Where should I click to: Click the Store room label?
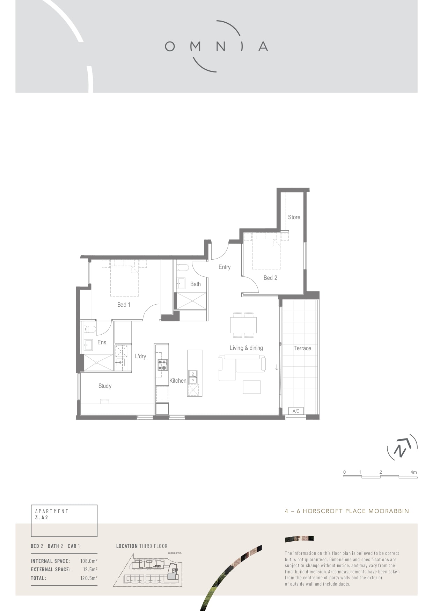pos(294,217)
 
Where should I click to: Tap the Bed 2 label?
pos(270,278)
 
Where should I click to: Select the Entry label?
pos(225,267)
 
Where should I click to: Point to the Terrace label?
pos(302,348)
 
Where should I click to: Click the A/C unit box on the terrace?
pos(296,411)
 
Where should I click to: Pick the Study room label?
pos(105,386)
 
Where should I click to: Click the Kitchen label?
pos(178,381)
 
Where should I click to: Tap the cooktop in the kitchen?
pos(163,365)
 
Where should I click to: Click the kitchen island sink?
pos(193,377)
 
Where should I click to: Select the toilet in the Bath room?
pos(183,268)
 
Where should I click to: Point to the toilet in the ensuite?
pos(90,329)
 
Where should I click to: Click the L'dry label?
pos(140,356)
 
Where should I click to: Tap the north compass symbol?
pos(402,448)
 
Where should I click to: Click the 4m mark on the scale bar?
pos(414,472)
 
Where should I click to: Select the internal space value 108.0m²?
pos(89,561)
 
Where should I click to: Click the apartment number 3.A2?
pos(42,518)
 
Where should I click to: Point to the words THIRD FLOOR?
pos(153,546)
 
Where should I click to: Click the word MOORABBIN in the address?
pos(389,511)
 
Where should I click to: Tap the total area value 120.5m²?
pos(89,578)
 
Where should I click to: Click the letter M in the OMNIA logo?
pos(196,46)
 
